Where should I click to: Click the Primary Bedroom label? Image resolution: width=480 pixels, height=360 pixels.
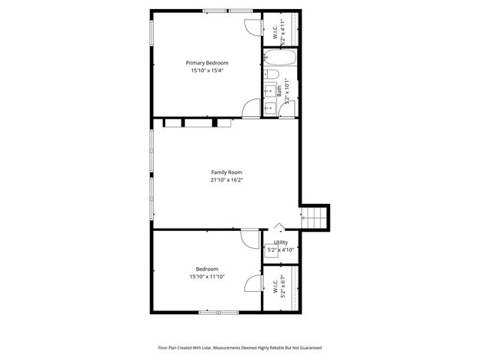(x=207, y=63)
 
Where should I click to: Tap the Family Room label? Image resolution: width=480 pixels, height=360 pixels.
(x=226, y=172)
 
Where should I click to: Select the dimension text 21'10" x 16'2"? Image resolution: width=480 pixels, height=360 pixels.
(x=226, y=180)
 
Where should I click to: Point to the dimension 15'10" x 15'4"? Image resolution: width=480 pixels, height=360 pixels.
(x=207, y=70)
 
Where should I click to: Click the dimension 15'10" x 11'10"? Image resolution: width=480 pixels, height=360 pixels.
(x=207, y=277)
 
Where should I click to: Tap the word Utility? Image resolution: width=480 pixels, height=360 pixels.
(x=280, y=242)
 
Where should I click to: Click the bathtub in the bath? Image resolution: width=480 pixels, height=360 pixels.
(x=280, y=58)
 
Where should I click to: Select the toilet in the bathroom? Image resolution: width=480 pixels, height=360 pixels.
(x=273, y=74)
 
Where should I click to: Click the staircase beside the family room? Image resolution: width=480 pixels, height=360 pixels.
(x=315, y=217)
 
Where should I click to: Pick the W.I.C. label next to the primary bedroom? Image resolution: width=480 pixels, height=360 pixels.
(x=275, y=34)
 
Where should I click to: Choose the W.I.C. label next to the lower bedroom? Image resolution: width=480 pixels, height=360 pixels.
(x=275, y=286)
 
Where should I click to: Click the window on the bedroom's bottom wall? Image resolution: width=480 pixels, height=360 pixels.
(x=218, y=312)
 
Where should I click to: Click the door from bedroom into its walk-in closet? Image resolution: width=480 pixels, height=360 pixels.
(x=254, y=283)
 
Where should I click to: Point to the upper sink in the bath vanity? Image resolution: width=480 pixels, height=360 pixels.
(x=269, y=91)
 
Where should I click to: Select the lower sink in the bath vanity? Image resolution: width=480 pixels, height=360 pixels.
(x=269, y=109)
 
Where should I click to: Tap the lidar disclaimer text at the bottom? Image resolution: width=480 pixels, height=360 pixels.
(x=239, y=347)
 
